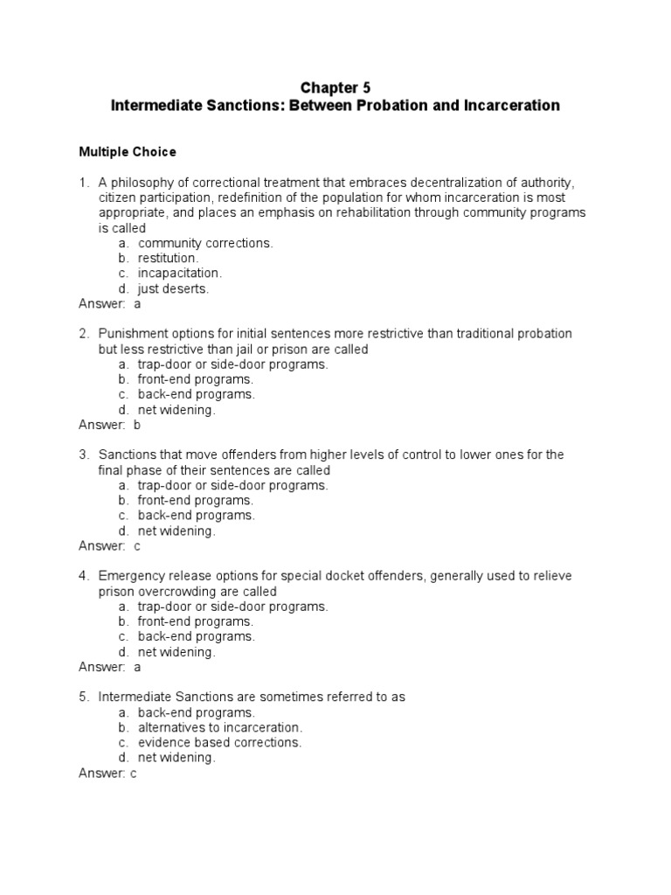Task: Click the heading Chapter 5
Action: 335,87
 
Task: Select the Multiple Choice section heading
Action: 128,152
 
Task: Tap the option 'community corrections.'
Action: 205,243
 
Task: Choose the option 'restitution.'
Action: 169,258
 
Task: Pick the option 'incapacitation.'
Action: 180,274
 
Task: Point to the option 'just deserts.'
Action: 174,288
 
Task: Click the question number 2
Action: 84,334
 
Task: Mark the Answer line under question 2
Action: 109,425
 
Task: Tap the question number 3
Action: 84,454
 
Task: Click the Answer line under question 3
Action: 109,545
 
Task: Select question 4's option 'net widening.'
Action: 176,651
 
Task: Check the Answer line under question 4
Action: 109,667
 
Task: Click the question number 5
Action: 84,697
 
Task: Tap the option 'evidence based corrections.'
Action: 219,742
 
